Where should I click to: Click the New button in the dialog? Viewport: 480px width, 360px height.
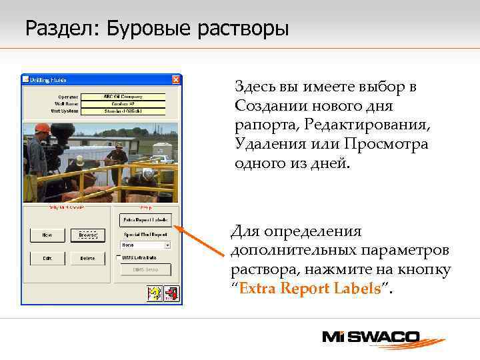[x=47, y=235]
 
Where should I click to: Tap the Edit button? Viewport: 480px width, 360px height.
[x=47, y=258]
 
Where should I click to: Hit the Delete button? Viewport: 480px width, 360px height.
[x=87, y=258]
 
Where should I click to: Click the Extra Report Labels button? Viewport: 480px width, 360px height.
[x=145, y=219]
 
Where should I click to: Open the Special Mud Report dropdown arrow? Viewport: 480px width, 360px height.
[x=167, y=245]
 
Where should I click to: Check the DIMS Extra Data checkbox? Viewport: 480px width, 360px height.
[x=119, y=257]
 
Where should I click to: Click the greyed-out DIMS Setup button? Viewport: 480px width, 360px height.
[x=145, y=269]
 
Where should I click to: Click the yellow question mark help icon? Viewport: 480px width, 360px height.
[x=154, y=293]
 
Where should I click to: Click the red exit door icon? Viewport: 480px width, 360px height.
[x=171, y=293]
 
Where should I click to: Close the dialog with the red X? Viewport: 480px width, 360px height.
[x=175, y=79]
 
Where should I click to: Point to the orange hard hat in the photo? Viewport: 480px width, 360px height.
[x=42, y=128]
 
